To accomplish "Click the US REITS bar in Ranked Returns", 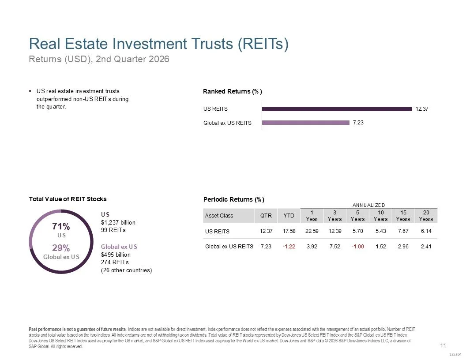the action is click(337, 109).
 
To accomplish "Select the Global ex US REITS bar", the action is click(305, 123).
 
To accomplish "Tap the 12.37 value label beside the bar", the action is click(422, 109).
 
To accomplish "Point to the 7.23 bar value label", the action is click(358, 123).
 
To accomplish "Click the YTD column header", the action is click(289, 216).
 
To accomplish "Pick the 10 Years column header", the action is click(381, 216).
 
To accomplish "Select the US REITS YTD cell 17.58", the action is click(289, 231).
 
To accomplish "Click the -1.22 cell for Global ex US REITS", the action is click(289, 246).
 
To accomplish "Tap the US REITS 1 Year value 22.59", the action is click(312, 231).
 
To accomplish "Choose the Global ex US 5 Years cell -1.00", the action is click(357, 246).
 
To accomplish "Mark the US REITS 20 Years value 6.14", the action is click(426, 231).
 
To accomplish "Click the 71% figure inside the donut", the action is click(61, 226).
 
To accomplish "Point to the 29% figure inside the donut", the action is click(61, 248).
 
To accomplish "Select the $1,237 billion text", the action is click(118, 222).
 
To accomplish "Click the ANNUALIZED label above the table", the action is click(368, 205).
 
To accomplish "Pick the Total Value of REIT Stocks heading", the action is click(68, 199).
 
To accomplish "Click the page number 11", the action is click(443, 345).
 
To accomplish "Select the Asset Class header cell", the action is click(219, 216).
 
